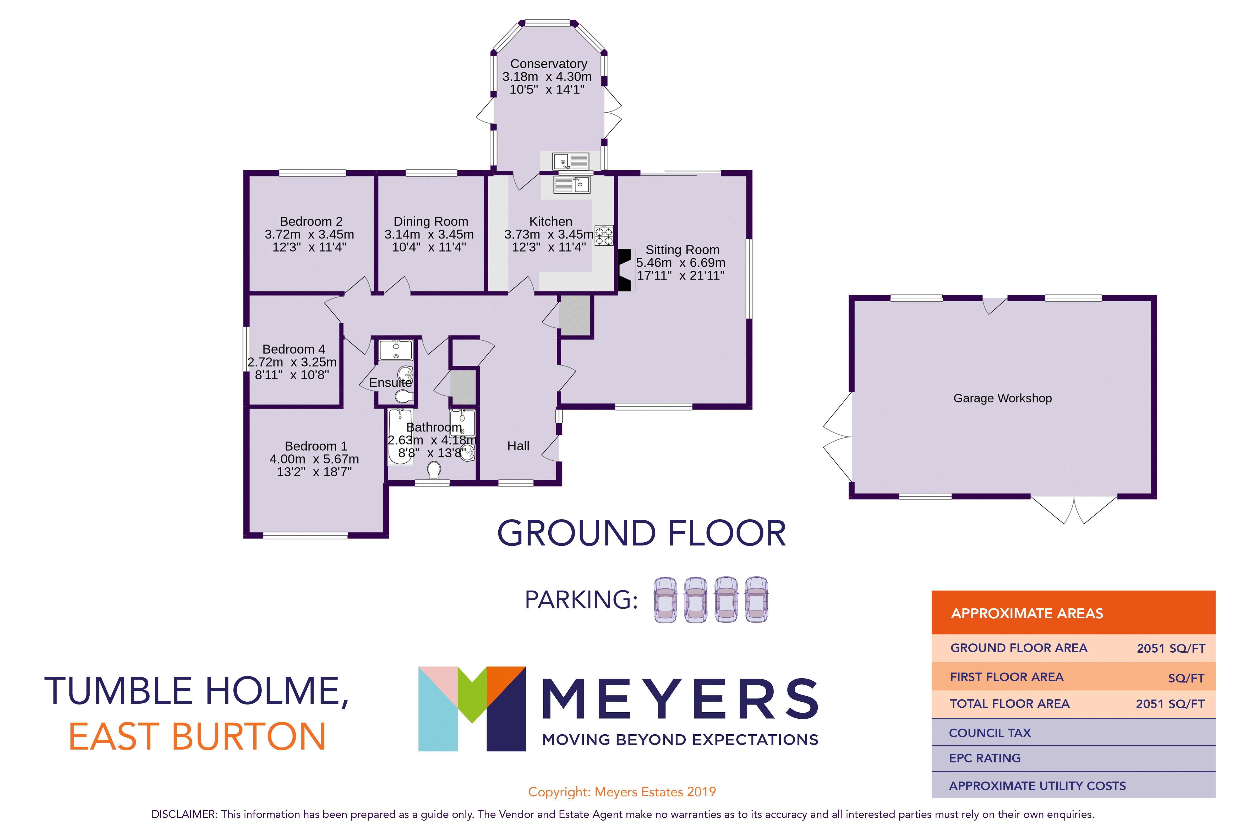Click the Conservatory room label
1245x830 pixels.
point(548,63)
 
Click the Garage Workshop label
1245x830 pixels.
point(1002,398)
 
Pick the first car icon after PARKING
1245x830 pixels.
point(665,600)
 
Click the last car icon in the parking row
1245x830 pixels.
point(756,600)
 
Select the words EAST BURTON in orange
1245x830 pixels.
point(197,736)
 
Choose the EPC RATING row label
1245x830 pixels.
point(985,758)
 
